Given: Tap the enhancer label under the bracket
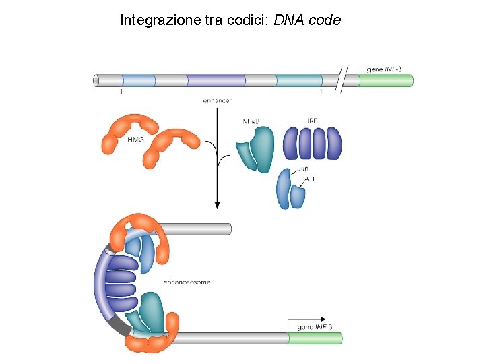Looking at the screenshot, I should pos(217,100).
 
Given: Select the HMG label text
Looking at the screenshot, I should pos(135,140).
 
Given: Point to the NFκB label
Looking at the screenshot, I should pos(251,121).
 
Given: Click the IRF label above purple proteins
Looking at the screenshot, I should pos(312,121).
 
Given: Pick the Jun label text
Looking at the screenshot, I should pos(304,169).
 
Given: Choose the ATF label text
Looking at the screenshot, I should pos(311,179).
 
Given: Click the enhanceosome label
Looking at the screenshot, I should pos(187,282).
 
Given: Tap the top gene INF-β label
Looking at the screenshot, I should pos(389,69).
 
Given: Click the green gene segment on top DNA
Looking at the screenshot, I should pos(385,81).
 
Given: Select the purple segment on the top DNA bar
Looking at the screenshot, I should pos(216,81).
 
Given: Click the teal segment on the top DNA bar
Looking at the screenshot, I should pos(299,81).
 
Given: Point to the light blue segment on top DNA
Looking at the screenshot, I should pos(138,81).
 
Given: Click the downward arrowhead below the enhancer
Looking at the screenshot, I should pos(217,203).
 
